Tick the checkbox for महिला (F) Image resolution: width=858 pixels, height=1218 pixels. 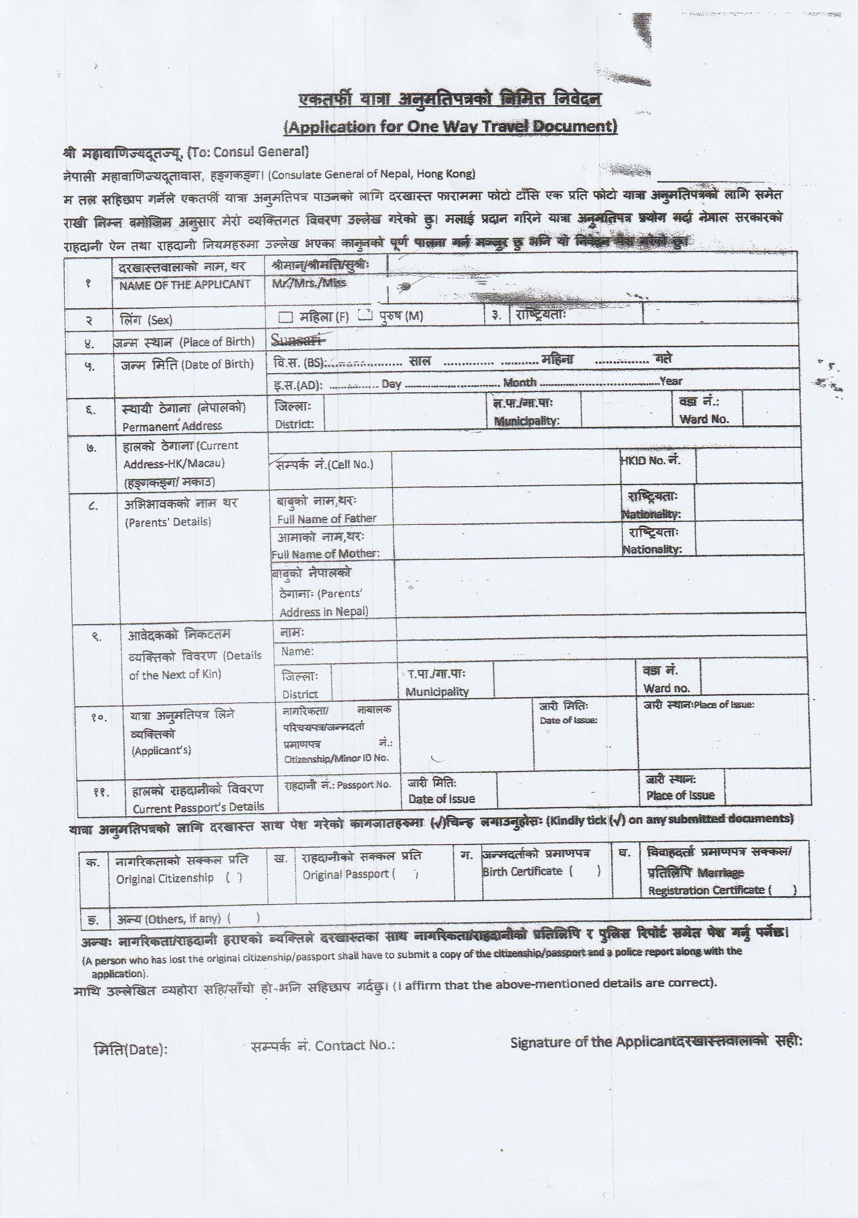286,317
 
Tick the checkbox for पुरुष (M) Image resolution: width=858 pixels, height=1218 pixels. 365,315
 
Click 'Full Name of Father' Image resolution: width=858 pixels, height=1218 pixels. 326,518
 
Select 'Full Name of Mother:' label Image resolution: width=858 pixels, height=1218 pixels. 325,554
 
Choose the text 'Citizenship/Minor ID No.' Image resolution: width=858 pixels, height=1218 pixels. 336,758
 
